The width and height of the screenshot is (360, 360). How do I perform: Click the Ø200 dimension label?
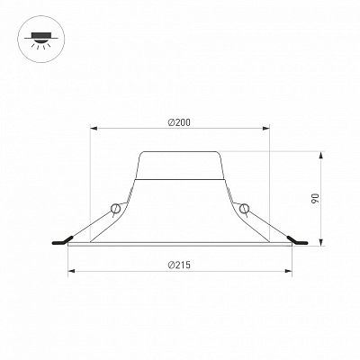(179, 122)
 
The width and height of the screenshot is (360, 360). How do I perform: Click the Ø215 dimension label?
(179, 265)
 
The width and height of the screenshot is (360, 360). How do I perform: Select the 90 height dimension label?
(315, 199)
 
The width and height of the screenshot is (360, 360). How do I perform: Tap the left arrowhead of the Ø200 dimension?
(94, 129)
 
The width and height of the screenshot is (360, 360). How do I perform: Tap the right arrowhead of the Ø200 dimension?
(265, 129)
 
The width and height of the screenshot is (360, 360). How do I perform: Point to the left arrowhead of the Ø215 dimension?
(71, 271)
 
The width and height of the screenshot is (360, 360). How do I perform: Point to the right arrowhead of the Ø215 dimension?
(288, 271)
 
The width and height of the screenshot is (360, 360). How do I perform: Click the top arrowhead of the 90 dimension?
(321, 156)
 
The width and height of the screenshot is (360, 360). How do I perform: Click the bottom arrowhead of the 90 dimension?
(321, 242)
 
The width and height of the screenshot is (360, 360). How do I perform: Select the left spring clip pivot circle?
(115, 208)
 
